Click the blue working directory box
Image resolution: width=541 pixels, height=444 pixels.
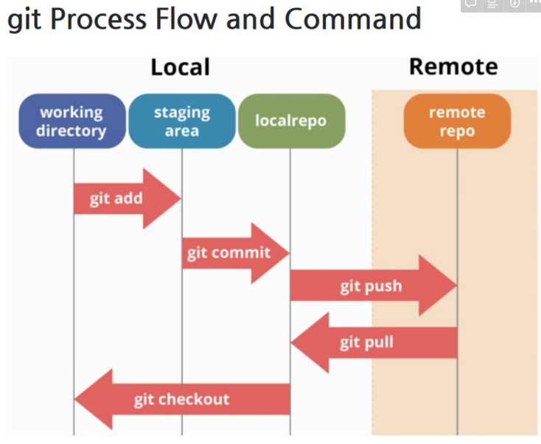tap(71, 122)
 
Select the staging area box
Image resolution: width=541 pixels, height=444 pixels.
tap(181, 122)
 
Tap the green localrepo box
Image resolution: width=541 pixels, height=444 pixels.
tap(290, 121)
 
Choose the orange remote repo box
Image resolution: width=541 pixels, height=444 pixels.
tap(457, 122)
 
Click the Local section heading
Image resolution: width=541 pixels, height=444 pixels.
tap(180, 68)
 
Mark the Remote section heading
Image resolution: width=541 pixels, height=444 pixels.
tap(453, 67)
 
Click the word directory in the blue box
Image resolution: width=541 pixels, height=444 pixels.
tap(71, 132)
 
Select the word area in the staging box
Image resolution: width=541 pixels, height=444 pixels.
tap(181, 131)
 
